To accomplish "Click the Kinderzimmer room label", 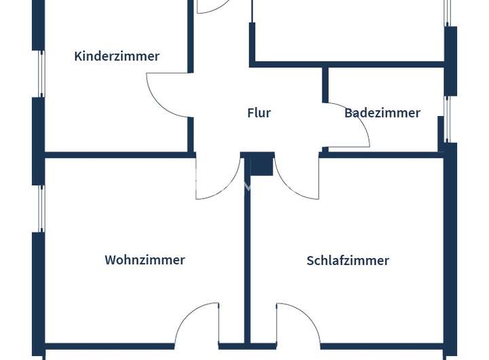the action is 117,56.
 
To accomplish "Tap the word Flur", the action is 259,113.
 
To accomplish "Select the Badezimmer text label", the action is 382,113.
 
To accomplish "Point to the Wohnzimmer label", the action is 145,260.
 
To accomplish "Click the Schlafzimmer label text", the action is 348,260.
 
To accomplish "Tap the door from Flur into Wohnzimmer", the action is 227,190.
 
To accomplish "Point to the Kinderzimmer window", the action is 41,74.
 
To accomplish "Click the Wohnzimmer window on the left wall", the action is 41,209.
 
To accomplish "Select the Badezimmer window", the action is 447,119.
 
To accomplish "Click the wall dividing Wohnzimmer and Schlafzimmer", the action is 247,249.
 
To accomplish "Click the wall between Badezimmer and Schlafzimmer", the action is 384,155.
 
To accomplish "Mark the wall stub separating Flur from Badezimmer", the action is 325,84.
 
